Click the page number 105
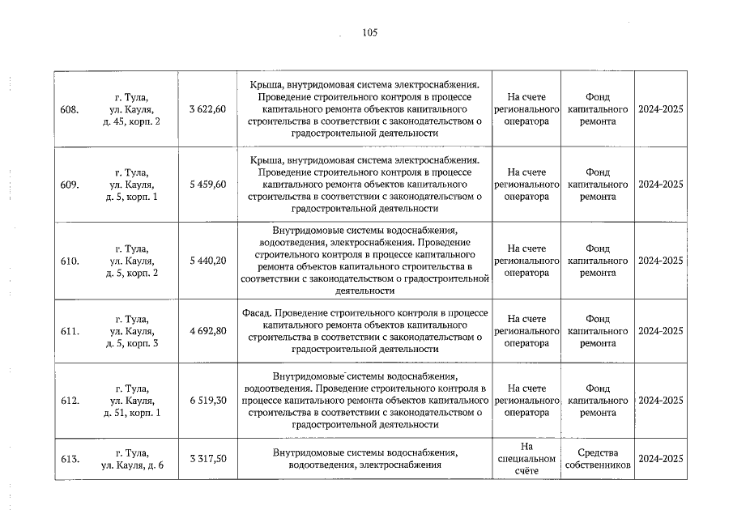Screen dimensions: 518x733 pos(369,32)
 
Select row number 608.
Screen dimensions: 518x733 pos(70,109)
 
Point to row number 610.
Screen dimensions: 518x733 pos(70,261)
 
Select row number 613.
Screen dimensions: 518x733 pos(70,459)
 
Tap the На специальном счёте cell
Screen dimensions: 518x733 pos(526,459)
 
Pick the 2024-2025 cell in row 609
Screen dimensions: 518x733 pos(660,185)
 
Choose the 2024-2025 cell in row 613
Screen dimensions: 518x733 pos(660,459)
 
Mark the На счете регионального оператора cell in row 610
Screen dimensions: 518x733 pos(526,261)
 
